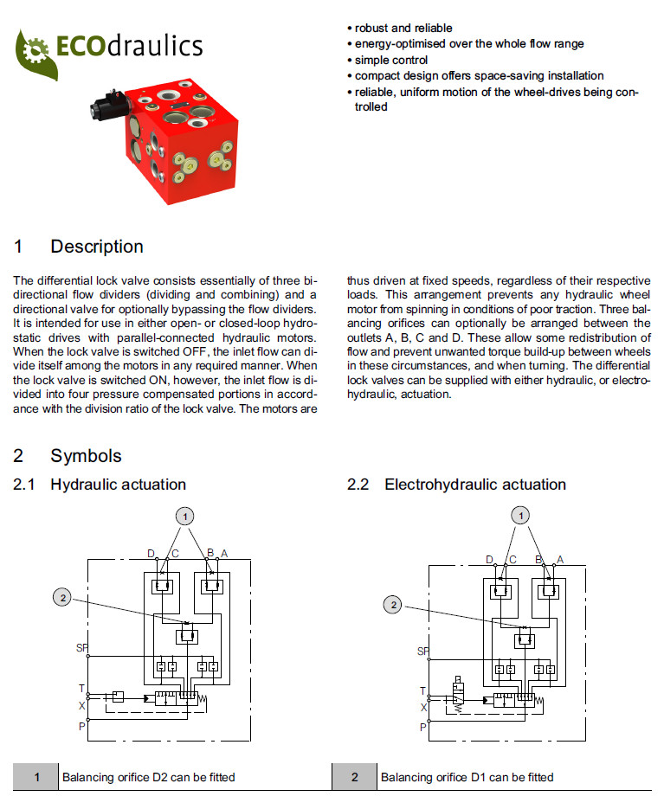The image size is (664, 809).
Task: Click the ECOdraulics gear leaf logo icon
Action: [x=35, y=52]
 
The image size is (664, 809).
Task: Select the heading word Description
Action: [x=97, y=247]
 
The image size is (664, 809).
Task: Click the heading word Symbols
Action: [x=86, y=456]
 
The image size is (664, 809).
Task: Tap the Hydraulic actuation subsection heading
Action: [x=118, y=485]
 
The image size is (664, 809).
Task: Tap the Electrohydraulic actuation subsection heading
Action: [x=475, y=485]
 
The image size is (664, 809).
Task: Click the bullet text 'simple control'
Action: [x=390, y=60]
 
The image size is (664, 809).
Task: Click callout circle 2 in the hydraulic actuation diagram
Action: [x=61, y=597]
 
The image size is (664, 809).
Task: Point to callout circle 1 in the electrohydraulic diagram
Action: [x=520, y=516]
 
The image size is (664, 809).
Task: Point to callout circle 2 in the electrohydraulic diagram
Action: [x=393, y=606]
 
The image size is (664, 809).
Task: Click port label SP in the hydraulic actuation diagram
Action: [x=81, y=646]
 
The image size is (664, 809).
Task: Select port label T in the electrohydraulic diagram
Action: [x=423, y=691]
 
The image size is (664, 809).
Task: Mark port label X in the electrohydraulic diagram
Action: [x=424, y=708]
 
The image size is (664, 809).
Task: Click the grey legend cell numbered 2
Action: [x=354, y=777]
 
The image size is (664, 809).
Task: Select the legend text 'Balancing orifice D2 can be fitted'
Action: [x=148, y=777]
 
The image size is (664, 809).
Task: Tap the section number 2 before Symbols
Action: [x=18, y=456]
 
